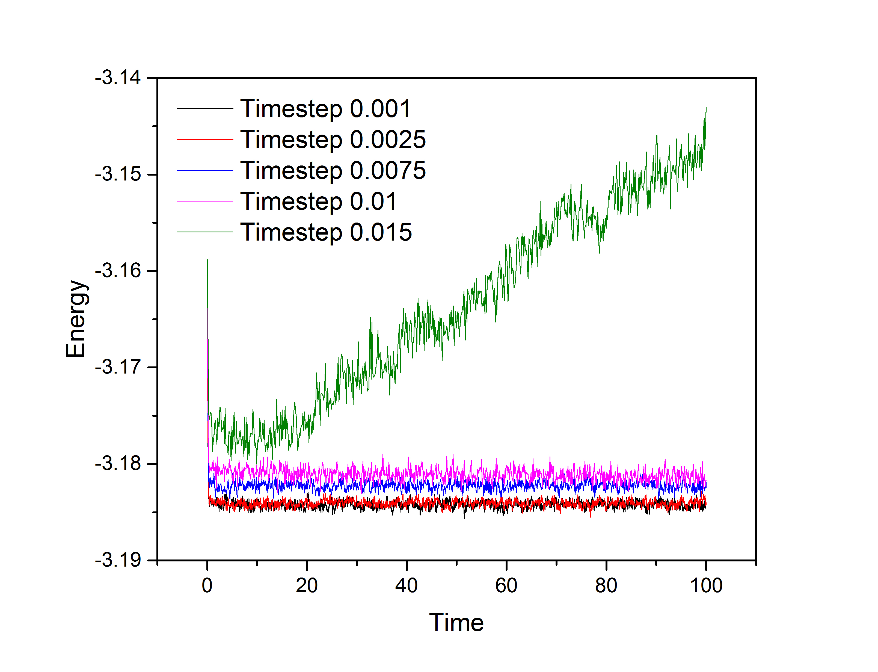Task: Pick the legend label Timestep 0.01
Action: click(318, 201)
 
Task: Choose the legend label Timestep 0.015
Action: click(326, 232)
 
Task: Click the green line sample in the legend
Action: click(205, 232)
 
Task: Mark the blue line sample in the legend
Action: click(205, 170)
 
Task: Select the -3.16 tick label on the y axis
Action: click(118, 271)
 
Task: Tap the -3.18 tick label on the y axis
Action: click(118, 464)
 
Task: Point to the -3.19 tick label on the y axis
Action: click(118, 560)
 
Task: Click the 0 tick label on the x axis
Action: click(207, 586)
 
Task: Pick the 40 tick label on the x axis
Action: click(406, 586)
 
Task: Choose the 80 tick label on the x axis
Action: click(606, 586)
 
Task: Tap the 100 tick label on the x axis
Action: click(706, 586)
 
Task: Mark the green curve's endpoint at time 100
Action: click(706, 108)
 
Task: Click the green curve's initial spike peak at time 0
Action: click(207, 260)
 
